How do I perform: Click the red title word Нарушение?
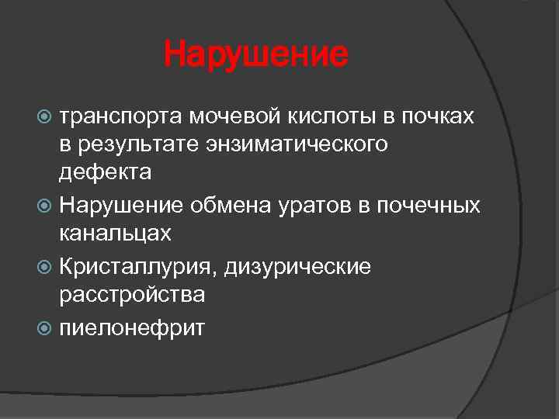coord(256,55)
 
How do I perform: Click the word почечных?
coord(428,206)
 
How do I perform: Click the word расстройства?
coord(133,294)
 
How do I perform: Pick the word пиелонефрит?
coord(133,327)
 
